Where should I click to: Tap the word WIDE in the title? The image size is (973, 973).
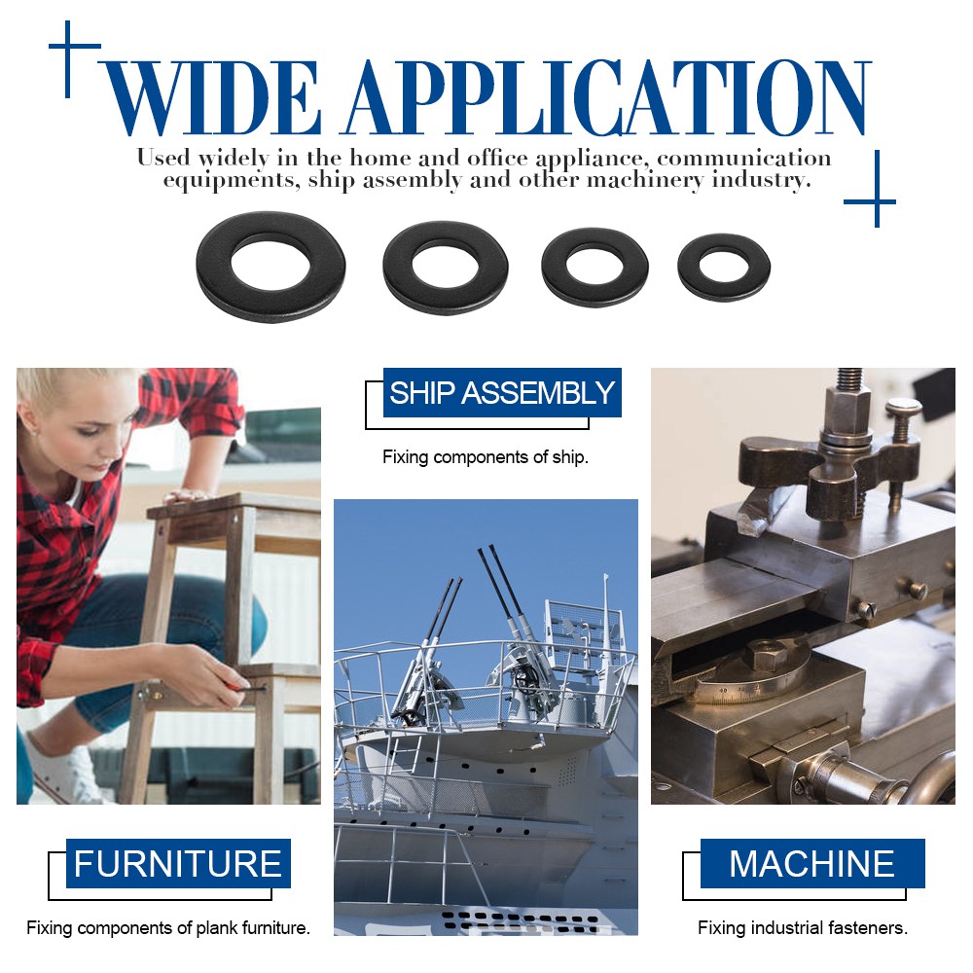210,97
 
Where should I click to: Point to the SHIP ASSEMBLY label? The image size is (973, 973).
502,392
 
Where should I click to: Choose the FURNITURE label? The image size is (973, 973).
178,863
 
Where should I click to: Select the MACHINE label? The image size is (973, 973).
812,863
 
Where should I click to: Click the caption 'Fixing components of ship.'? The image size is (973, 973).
486,457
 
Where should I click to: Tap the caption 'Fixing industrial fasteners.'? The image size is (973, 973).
803,927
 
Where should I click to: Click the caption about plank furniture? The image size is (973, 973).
168,927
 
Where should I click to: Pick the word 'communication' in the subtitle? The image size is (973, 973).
744,159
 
